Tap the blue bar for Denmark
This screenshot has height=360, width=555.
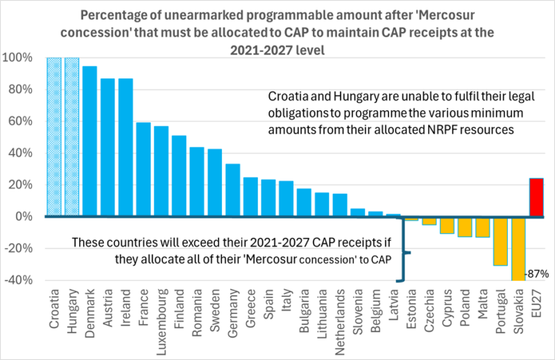90,141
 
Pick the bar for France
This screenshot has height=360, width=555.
144,169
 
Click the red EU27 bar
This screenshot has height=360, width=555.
535,197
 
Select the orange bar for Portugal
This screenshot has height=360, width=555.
499,241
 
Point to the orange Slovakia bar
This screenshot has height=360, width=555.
517,248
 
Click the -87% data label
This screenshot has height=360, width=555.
537,274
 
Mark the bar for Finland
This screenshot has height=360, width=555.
179,175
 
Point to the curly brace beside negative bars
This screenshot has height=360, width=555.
403,253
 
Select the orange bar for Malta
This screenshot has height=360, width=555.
481,227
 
